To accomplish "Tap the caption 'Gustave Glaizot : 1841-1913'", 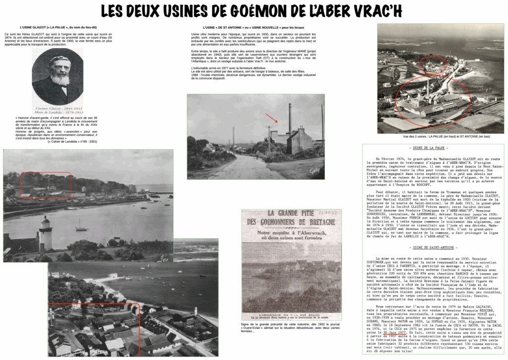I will [57, 108].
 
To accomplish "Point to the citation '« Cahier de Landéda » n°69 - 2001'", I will [72, 142].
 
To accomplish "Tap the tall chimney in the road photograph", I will [290, 118].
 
